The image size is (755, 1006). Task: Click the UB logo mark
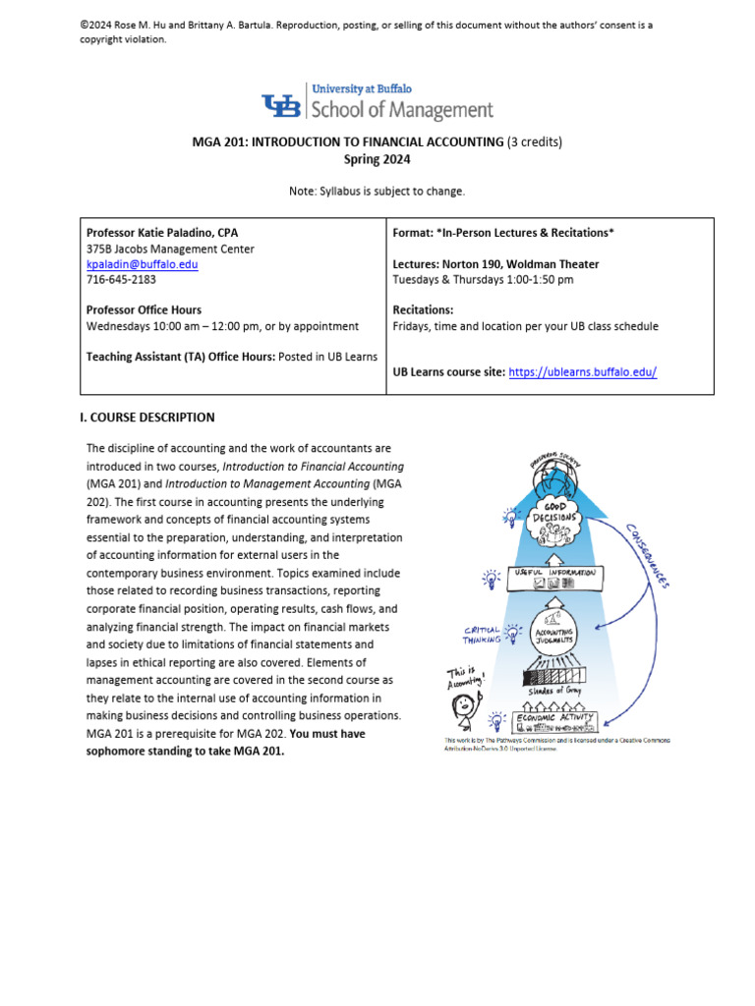tap(281, 105)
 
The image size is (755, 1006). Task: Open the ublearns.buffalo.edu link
tap(582, 371)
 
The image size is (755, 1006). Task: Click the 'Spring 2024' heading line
tap(377, 159)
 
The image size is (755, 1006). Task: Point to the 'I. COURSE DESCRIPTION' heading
tap(146, 418)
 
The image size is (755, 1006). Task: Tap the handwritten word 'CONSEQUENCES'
tap(649, 555)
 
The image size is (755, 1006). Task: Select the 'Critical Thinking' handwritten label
tap(483, 634)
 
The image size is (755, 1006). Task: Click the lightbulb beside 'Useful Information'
tap(489, 578)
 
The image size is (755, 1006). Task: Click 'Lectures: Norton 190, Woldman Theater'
tap(495, 264)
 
